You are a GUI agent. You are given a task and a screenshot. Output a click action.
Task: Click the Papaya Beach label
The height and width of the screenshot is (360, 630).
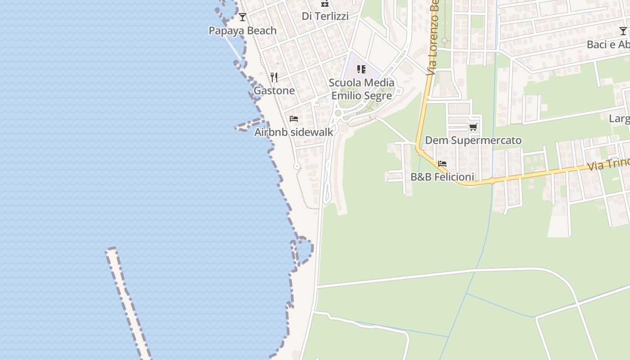(x=243, y=31)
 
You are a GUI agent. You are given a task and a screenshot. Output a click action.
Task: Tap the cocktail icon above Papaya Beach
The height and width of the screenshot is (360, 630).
(x=243, y=17)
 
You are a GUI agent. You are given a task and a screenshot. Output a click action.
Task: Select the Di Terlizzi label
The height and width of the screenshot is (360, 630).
(x=325, y=16)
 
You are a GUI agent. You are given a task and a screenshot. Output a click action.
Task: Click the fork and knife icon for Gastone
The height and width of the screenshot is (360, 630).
(x=274, y=77)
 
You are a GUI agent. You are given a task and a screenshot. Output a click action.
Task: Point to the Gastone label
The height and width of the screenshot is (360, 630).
(x=274, y=90)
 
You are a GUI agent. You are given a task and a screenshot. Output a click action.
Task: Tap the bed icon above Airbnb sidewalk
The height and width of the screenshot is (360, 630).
(x=294, y=119)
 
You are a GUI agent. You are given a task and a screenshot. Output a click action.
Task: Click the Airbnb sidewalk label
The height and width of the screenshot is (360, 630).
(x=294, y=132)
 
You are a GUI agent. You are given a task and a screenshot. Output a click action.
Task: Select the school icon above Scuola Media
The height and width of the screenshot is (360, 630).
(x=361, y=69)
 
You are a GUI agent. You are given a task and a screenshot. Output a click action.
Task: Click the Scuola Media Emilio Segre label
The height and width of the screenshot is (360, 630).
(x=362, y=89)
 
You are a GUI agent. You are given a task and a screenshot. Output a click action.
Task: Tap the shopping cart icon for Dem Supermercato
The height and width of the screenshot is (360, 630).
(x=473, y=127)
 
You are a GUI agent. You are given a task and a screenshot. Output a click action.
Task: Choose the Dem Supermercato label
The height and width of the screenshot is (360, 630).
(x=473, y=140)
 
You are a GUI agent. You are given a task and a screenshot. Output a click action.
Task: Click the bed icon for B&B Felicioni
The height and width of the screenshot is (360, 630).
(x=442, y=164)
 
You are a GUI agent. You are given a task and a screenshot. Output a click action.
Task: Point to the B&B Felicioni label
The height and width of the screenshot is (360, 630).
(x=442, y=177)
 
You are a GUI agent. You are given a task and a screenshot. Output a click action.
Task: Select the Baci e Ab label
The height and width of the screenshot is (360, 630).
(x=608, y=45)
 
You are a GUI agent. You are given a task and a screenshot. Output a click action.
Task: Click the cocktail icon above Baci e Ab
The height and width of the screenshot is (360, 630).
(x=623, y=31)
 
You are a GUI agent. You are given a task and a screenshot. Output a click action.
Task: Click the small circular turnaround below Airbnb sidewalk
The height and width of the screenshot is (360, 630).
(x=297, y=166)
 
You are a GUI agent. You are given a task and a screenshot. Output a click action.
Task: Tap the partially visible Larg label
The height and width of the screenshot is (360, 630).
(x=619, y=119)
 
